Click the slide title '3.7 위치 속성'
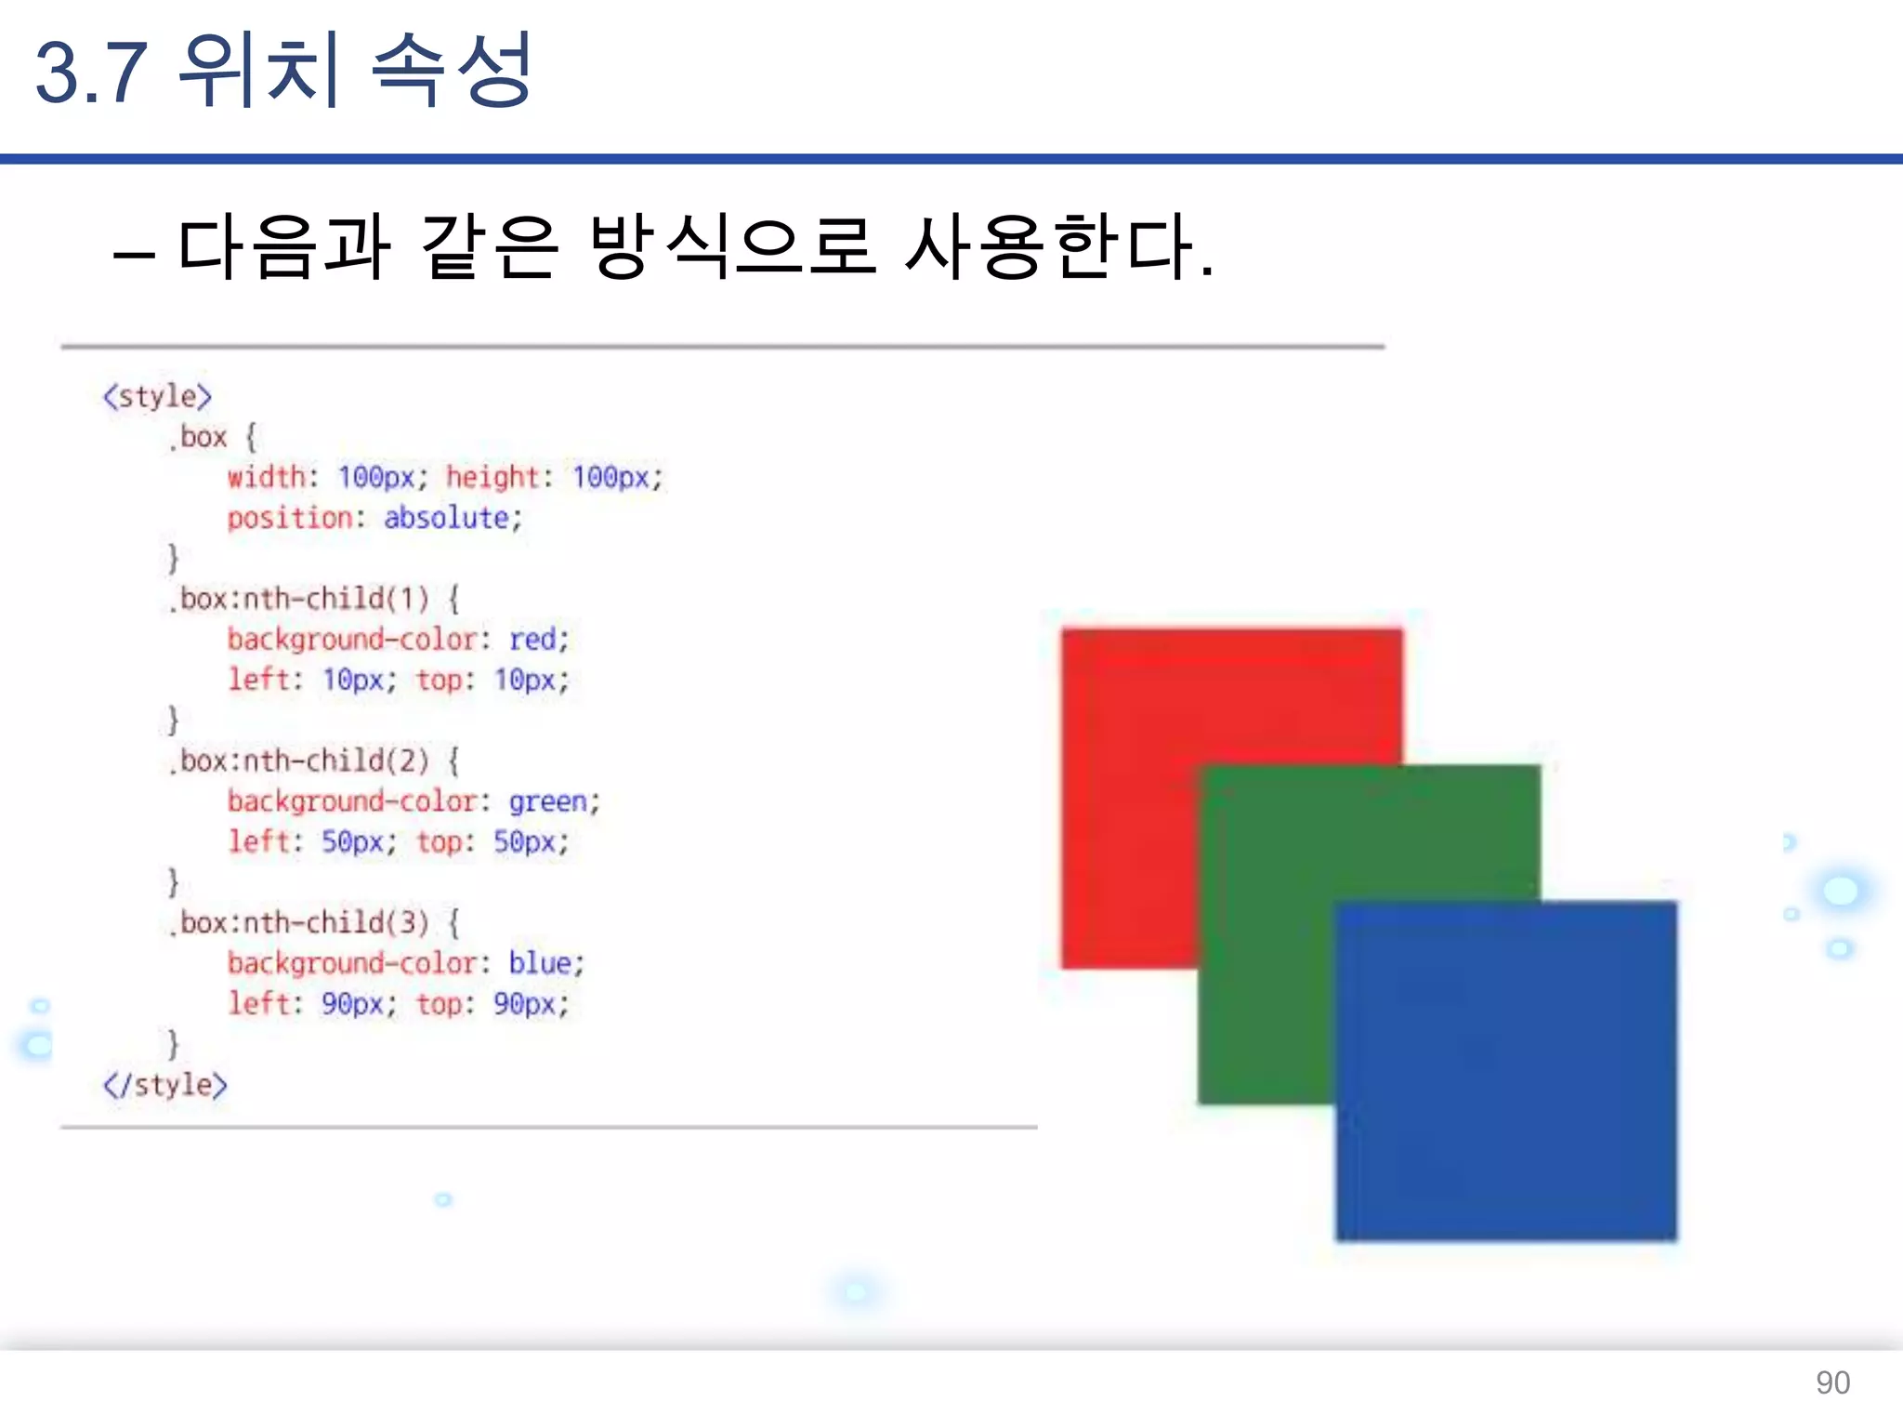point(283,71)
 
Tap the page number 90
point(1832,1382)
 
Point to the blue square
point(1505,1069)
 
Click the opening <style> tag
point(157,397)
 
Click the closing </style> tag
point(165,1085)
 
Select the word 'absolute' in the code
point(446,518)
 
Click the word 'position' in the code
point(290,518)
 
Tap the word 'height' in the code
point(492,477)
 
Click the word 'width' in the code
point(267,477)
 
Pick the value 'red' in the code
point(532,640)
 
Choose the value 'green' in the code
point(547,801)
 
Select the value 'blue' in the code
point(540,963)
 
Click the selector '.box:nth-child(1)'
point(300,599)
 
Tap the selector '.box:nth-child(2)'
point(300,760)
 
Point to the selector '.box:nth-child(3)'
point(300,922)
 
